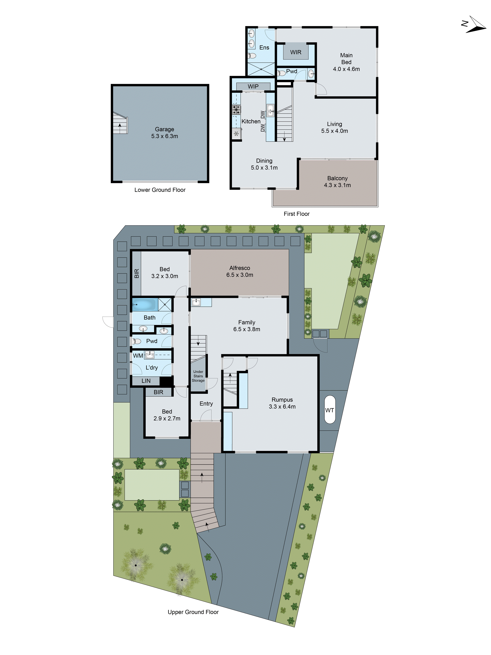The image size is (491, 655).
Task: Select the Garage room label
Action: coord(164,129)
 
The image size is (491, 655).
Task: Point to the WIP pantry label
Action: coord(253,86)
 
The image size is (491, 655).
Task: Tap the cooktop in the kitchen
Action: coord(236,110)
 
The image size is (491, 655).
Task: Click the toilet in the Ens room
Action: coord(252,55)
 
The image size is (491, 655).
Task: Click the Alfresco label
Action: coord(239,268)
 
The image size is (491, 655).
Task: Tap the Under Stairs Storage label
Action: coord(198,376)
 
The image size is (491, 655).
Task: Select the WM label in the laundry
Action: coord(138,356)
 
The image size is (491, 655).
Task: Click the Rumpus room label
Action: coord(282,400)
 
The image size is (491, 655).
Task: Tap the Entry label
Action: coord(206,404)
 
